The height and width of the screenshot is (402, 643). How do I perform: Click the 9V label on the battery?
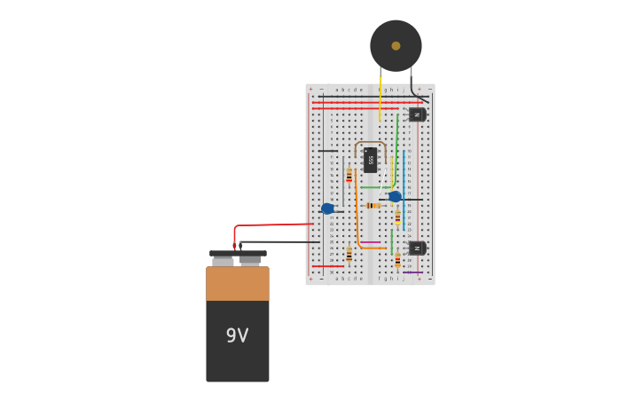click(237, 335)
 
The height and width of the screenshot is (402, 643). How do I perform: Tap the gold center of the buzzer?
click(396, 45)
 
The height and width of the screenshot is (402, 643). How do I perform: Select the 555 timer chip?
click(371, 160)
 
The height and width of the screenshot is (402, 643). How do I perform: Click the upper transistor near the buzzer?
click(417, 114)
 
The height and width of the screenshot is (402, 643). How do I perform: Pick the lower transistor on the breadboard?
click(417, 248)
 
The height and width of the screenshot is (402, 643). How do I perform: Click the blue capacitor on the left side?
click(327, 209)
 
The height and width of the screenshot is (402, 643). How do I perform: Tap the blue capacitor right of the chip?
click(395, 196)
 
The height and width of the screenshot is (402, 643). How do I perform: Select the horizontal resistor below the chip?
click(373, 205)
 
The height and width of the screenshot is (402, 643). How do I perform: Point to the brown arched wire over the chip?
click(370, 142)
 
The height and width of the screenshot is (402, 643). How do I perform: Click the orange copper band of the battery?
click(237, 283)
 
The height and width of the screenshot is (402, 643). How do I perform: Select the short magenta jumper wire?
click(370, 242)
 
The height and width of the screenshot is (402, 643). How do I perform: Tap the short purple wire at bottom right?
click(412, 272)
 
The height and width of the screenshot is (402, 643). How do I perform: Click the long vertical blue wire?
click(404, 177)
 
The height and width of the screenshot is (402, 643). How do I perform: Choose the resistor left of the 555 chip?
click(349, 175)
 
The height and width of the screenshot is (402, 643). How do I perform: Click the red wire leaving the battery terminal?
click(266, 225)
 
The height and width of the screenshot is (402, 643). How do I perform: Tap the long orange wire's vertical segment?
click(357, 213)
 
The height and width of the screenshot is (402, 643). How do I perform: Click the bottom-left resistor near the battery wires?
click(349, 255)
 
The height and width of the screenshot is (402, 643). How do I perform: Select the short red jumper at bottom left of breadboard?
click(327, 266)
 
